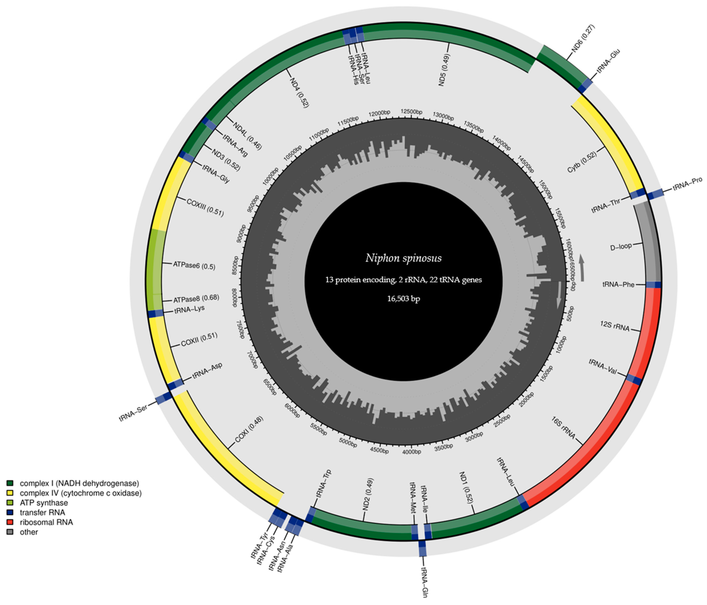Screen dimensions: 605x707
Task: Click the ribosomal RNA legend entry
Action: pyautogui.click(x=46, y=522)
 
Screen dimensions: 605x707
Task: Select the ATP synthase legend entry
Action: pyautogui.click(x=44, y=503)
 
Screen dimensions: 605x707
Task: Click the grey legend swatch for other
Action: pyautogui.click(x=10, y=532)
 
